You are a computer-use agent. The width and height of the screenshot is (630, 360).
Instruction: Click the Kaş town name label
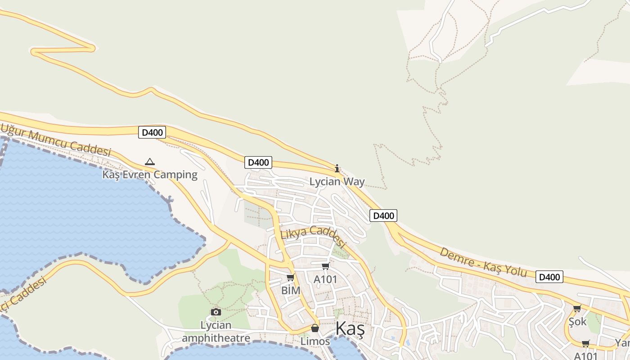coord(350,329)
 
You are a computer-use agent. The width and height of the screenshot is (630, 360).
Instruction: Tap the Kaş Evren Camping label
coord(150,175)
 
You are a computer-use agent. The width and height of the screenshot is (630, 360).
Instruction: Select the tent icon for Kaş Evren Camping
coord(150,162)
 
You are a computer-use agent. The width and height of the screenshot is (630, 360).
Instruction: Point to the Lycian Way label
coord(337,182)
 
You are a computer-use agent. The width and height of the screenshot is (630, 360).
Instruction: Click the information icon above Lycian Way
coord(337,168)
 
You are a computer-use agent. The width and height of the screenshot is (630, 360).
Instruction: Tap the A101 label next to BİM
coord(325,279)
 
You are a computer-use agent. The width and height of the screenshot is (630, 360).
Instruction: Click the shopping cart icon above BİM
coord(291,277)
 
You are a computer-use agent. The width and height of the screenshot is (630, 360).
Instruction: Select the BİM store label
coord(291,291)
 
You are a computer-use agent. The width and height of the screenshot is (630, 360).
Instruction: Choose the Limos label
coord(315,342)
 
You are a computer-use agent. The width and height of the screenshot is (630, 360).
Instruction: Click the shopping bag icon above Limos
coord(315,328)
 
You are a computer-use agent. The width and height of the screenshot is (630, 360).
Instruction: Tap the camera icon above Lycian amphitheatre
coord(216,312)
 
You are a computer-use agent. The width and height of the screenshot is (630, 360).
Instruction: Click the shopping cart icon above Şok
coord(577,309)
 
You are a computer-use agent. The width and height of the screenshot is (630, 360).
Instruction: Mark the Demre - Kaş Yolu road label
coord(483,262)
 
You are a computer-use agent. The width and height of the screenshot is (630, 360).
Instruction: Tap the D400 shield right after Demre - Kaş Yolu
coord(549,277)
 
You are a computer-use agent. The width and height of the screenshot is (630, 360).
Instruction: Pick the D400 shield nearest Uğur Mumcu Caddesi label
coord(152,132)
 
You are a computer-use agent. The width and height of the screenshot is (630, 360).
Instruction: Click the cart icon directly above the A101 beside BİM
coord(325,266)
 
